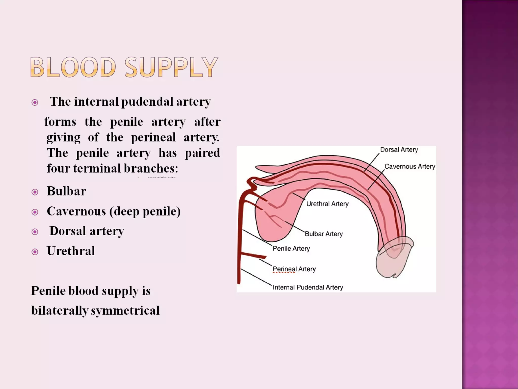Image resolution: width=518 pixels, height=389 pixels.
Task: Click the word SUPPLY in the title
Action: click(x=171, y=67)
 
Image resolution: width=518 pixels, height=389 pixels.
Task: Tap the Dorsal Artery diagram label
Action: click(x=399, y=150)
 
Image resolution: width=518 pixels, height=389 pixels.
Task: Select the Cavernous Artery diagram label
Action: click(x=409, y=166)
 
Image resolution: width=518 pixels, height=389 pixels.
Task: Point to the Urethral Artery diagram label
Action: click(x=327, y=204)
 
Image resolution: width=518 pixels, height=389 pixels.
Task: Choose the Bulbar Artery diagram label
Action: click(x=323, y=234)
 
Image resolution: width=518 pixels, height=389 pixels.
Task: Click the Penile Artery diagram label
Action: click(x=291, y=248)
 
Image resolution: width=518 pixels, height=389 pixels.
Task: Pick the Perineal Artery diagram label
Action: click(x=294, y=269)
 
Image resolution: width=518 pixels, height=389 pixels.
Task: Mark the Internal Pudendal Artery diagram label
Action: click(x=308, y=287)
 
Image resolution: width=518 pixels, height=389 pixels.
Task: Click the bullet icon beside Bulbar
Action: click(x=35, y=192)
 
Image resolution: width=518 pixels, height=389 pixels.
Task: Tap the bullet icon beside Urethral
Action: click(x=35, y=252)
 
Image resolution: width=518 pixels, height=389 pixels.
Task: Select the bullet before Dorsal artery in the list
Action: click(x=35, y=232)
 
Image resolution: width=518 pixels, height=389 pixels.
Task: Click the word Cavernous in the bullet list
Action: click(x=76, y=211)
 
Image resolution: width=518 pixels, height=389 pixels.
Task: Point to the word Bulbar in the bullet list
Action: click(x=66, y=191)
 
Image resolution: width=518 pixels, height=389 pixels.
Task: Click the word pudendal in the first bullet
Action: click(x=147, y=102)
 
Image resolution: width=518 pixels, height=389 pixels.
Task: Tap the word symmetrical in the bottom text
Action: click(x=125, y=310)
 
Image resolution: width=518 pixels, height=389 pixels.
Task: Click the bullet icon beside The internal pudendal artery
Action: click(x=35, y=103)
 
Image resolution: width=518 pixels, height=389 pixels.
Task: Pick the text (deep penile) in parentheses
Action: click(x=145, y=211)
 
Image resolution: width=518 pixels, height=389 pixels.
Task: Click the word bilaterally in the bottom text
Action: click(x=60, y=310)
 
